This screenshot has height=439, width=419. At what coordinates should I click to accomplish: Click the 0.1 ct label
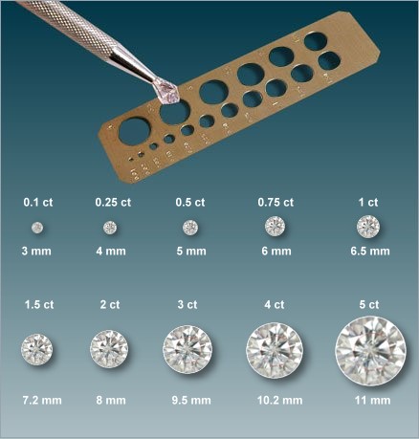coord(38,202)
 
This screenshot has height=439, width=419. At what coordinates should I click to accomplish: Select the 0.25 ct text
coord(113,202)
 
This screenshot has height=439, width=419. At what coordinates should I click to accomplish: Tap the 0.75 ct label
coord(276,202)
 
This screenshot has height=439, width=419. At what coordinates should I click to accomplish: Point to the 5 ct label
coord(369,304)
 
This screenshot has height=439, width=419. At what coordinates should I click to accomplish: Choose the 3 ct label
coord(187,304)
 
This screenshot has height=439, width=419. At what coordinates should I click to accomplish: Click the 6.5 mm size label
coord(370,252)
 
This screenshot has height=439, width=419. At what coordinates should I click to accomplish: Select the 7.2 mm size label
coord(42,400)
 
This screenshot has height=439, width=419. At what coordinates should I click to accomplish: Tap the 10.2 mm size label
coord(279,400)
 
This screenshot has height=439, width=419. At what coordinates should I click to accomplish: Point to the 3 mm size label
coord(36,252)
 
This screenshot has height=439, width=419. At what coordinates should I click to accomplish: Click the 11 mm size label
coord(372,400)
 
